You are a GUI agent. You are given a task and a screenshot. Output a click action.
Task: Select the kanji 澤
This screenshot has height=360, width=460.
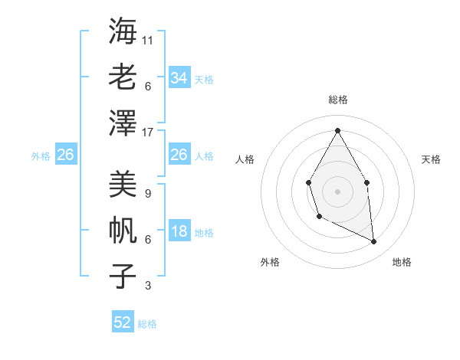click(x=123, y=123)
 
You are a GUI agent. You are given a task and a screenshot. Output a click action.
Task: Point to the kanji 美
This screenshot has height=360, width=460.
click(x=123, y=184)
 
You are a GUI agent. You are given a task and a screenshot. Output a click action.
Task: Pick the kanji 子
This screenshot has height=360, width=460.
click(x=123, y=276)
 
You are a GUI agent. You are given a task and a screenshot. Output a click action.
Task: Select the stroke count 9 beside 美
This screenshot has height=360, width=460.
click(x=147, y=193)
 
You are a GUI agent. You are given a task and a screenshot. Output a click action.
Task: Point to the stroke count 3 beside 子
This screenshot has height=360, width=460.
click(x=147, y=286)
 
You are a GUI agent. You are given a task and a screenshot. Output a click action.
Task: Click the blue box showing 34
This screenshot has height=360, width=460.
click(x=179, y=78)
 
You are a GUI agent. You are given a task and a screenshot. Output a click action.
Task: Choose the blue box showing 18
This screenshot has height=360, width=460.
click(x=179, y=232)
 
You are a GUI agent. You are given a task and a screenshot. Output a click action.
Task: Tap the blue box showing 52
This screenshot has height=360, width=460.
click(x=123, y=322)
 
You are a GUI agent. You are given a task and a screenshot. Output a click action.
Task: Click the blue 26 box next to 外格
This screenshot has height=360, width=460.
click(x=65, y=155)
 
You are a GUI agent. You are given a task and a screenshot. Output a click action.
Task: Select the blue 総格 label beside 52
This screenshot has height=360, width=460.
click(x=147, y=324)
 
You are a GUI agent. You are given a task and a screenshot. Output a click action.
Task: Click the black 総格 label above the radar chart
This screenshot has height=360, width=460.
click(x=337, y=100)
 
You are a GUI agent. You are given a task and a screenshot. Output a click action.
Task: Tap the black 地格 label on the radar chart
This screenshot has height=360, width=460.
click(x=402, y=262)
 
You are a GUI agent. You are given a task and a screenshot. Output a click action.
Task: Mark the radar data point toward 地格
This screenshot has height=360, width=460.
click(x=374, y=242)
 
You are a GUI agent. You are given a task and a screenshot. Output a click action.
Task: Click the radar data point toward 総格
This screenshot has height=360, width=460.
click(x=337, y=130)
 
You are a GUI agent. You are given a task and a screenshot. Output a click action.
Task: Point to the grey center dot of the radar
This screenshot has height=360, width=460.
click(x=337, y=190)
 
